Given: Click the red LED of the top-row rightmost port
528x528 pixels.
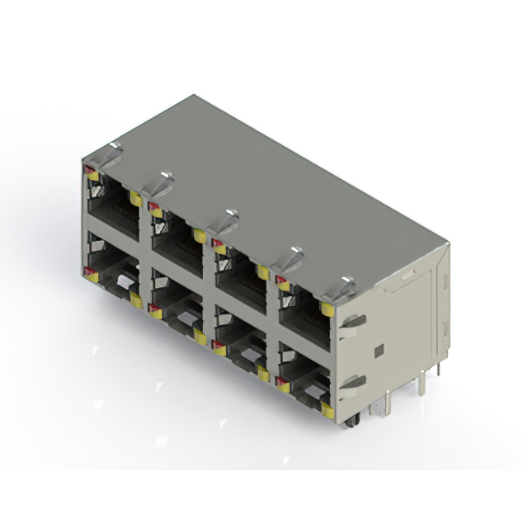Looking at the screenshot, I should pos(281,285).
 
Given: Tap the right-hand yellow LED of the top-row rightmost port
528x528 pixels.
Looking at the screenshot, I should pos(328,310).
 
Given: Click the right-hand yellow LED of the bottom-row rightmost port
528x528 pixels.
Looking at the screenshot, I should pos(328,409).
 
